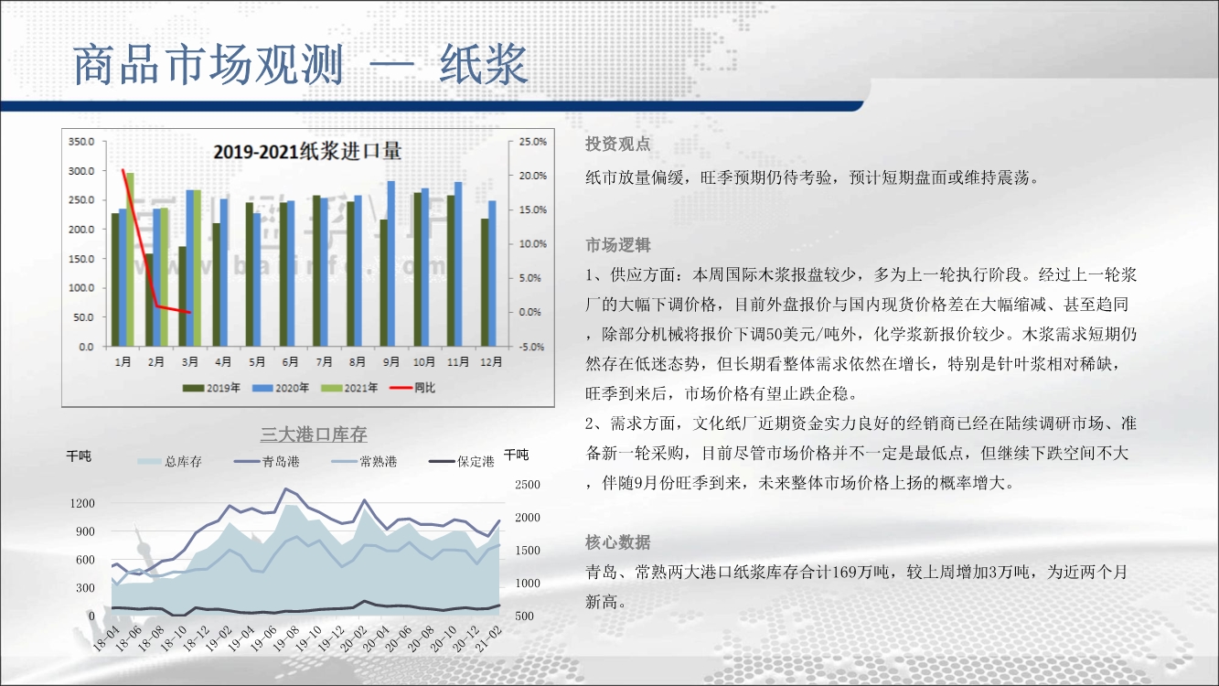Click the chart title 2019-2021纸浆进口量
click(x=307, y=151)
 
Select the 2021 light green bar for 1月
click(x=130, y=259)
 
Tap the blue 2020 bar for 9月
click(x=390, y=263)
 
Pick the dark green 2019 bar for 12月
click(x=485, y=283)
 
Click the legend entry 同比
click(x=412, y=388)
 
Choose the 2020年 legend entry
click(x=281, y=388)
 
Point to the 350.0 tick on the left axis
click(x=81, y=142)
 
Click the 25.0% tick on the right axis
click(x=533, y=142)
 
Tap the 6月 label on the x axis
click(x=290, y=361)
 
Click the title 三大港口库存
click(x=314, y=434)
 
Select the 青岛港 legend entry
click(x=267, y=462)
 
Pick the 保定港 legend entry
click(x=462, y=462)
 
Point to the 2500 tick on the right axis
click(x=528, y=485)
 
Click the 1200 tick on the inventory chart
click(x=82, y=503)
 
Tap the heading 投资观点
click(x=617, y=145)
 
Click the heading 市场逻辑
click(x=617, y=245)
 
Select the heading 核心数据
click(x=617, y=542)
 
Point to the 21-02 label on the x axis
click(x=489, y=638)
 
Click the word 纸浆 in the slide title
click(x=484, y=65)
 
